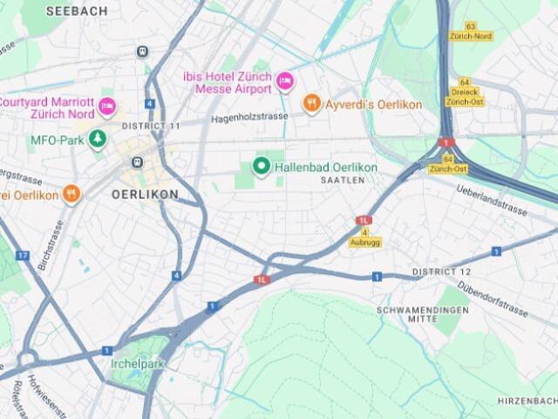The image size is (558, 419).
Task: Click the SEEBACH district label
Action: pos(77,11)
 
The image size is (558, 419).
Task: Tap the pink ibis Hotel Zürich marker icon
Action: pos(284,81)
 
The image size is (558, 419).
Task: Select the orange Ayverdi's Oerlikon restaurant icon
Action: pos(311,105)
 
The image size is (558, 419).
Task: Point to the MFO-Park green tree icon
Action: pos(99,139)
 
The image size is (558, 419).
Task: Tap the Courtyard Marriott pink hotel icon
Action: pos(107,106)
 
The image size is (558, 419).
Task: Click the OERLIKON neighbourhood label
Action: pos(145,195)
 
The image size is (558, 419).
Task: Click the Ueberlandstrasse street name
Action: pos(492,200)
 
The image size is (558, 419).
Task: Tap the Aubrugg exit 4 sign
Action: pos(365,237)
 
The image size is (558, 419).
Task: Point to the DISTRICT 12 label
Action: pos(441,272)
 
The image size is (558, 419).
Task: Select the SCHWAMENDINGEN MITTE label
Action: pos(422,315)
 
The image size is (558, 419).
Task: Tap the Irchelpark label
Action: pos(137,363)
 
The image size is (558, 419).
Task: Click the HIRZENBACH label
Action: pos(527,400)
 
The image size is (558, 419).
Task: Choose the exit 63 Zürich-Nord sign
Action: pos(471,31)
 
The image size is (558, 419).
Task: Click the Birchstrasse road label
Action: pos(57,245)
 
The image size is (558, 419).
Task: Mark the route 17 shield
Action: pos(22,256)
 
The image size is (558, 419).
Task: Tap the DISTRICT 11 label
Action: pos(151,127)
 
